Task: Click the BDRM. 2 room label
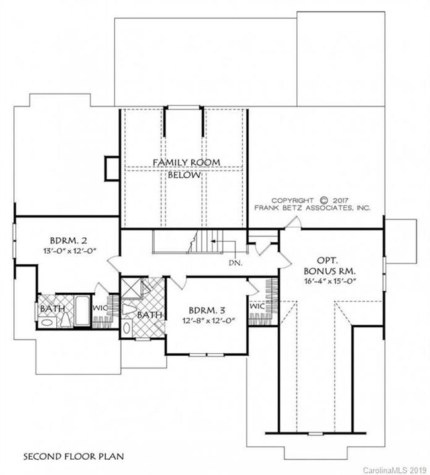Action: click(69, 241)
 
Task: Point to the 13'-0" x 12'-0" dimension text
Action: click(69, 251)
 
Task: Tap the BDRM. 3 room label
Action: click(207, 311)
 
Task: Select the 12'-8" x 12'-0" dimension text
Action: click(209, 321)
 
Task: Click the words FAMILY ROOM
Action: click(187, 163)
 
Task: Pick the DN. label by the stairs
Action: click(236, 263)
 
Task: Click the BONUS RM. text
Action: click(330, 270)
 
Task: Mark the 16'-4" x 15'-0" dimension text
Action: click(329, 281)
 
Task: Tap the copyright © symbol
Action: click(324, 200)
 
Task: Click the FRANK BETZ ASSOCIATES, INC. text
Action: click(312, 208)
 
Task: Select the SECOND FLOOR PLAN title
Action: click(73, 456)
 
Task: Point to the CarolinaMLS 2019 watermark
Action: click(396, 470)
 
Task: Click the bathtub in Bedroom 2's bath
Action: click(82, 311)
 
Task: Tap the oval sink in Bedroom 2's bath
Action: click(47, 323)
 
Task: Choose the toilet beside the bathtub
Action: click(65, 319)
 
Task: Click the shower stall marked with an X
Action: click(132, 289)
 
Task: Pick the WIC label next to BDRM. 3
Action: click(257, 306)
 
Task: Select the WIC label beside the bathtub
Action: click(99, 308)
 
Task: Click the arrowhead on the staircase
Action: click(212, 241)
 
